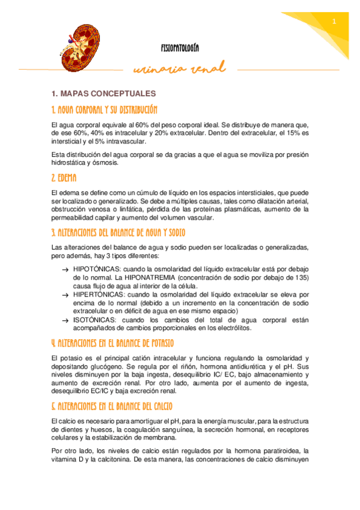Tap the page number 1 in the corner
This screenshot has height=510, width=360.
point(334,22)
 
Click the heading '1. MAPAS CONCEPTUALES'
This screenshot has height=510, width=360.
point(104,94)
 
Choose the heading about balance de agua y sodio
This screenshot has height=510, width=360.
point(119,232)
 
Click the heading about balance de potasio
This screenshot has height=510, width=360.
point(113,343)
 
